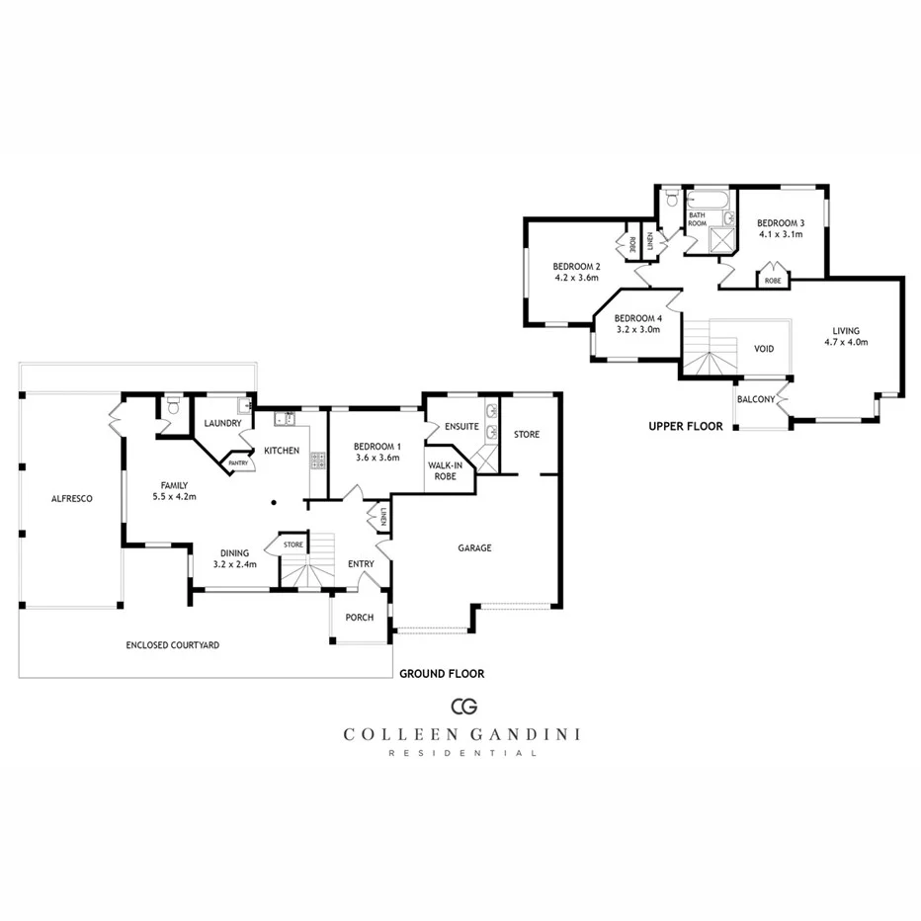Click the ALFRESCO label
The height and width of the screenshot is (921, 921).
point(71,499)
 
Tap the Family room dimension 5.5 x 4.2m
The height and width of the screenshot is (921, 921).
point(174,497)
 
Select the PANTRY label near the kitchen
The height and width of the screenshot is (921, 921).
point(238,462)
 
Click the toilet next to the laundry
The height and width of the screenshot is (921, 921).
point(173,406)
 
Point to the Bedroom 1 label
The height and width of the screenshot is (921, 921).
point(377,446)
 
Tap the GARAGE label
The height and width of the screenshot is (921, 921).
point(473,547)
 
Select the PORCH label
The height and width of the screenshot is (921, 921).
point(359,619)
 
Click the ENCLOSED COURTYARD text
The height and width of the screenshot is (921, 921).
point(172,645)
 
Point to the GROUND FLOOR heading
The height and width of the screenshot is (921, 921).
point(441,674)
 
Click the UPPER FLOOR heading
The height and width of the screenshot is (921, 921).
point(685,427)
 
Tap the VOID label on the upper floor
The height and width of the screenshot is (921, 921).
point(764,349)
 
